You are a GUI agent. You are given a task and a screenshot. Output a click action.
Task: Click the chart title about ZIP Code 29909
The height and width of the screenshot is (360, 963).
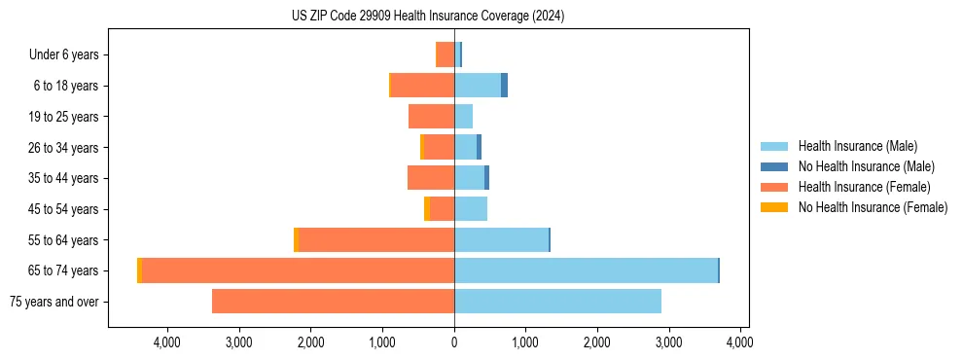point(428,17)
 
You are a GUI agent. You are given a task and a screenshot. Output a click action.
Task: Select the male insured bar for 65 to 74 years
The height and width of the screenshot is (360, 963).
point(586,270)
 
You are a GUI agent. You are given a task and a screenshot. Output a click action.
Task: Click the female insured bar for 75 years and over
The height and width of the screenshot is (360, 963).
point(333,302)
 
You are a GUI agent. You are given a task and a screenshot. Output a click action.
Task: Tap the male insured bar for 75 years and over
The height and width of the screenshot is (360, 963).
point(557,302)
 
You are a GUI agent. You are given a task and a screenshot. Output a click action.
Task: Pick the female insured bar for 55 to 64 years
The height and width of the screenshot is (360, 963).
point(376,240)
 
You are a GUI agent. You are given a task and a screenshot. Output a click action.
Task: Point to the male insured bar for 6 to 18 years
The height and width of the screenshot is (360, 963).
point(478,86)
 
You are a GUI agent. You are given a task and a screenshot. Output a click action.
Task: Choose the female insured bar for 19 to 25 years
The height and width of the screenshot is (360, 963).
point(431,117)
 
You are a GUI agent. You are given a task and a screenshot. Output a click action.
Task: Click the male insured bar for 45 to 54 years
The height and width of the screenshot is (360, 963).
point(471,209)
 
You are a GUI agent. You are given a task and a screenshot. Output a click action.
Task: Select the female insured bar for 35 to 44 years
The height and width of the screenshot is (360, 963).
point(431,178)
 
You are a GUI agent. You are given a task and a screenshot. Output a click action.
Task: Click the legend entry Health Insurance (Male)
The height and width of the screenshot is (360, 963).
point(857,147)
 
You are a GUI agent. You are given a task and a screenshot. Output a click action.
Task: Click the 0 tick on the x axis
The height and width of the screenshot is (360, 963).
point(454,342)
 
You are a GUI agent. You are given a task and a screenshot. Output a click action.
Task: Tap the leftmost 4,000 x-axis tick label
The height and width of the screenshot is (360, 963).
point(167,342)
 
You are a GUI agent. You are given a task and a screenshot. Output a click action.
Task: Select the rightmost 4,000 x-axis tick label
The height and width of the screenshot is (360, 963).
point(740,342)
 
